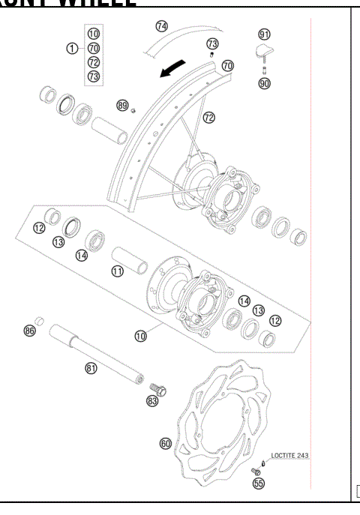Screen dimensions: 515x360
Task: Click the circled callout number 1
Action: tap(72, 47)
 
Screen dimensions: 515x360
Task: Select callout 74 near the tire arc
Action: tap(161, 25)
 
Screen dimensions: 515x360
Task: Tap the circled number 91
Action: tap(264, 34)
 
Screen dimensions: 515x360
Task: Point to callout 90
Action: tap(264, 83)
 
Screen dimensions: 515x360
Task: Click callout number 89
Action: tap(121, 106)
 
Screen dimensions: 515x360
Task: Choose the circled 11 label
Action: tap(117, 271)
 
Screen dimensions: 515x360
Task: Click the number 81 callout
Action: tap(90, 367)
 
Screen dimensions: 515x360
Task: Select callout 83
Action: tap(152, 401)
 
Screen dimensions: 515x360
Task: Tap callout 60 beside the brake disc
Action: tap(166, 443)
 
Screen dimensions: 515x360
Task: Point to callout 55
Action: tap(258, 484)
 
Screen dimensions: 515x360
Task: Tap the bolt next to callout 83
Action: tap(159, 388)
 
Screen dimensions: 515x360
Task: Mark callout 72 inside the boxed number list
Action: tap(94, 61)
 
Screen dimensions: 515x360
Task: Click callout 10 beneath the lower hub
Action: tap(140, 335)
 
